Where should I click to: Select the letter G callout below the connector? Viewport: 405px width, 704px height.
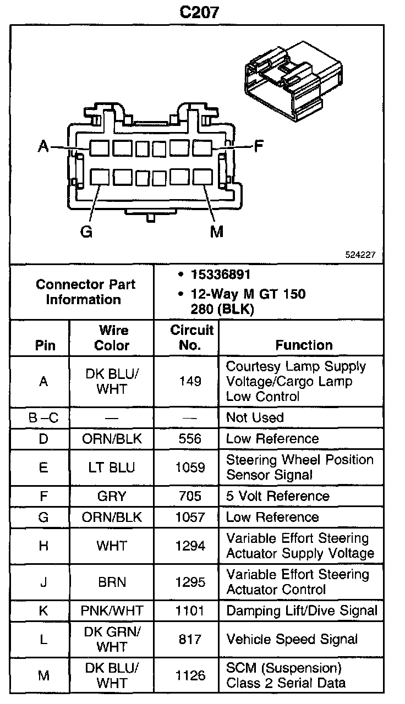[x=86, y=232]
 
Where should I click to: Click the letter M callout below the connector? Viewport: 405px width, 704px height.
[x=217, y=232]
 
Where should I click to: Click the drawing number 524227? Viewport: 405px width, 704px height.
[x=360, y=255]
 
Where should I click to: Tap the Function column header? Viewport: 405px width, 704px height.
[x=304, y=345]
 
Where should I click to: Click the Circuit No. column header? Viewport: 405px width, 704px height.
[x=191, y=338]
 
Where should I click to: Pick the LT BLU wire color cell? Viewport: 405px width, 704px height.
[x=112, y=468]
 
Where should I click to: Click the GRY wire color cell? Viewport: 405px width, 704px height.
[x=112, y=496]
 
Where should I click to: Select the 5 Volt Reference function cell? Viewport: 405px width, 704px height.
[x=277, y=496]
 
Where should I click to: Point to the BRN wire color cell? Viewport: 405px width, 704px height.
[x=112, y=582]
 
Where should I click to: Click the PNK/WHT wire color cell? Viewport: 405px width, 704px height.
[x=112, y=610]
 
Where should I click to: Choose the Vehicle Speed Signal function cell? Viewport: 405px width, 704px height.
[x=292, y=639]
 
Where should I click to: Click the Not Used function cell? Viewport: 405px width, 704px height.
[x=255, y=417]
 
